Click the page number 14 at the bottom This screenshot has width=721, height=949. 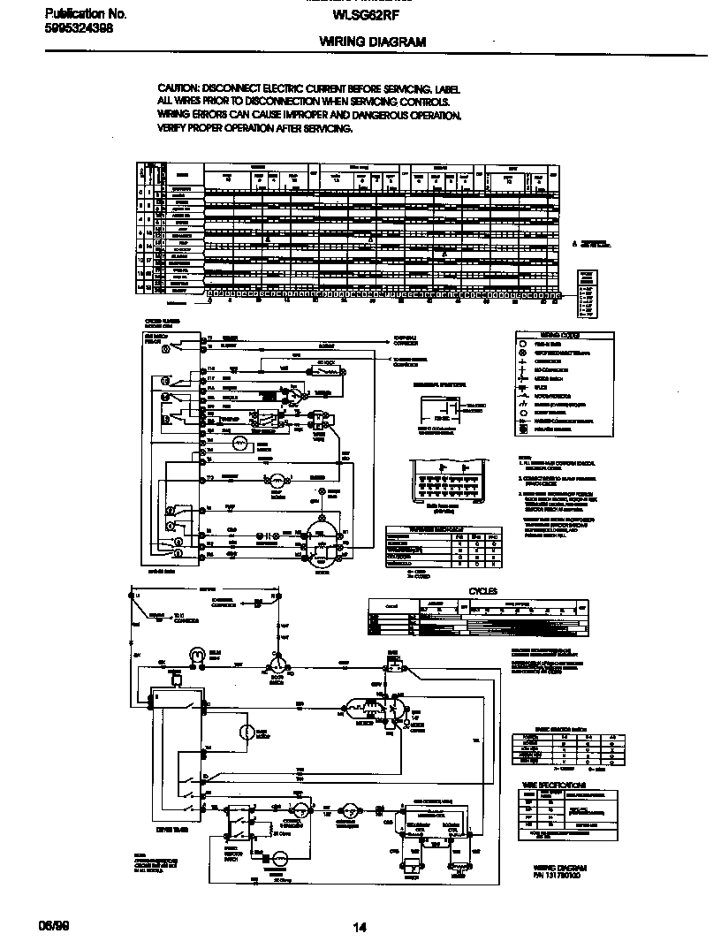tap(360, 927)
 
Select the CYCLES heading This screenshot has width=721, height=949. tap(482, 591)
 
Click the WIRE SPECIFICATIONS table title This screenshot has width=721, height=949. tap(553, 785)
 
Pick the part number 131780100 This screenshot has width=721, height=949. tap(561, 877)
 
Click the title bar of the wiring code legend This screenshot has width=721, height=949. tap(553, 336)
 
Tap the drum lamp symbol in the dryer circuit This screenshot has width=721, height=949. tap(195, 655)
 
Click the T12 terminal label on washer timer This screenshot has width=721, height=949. tap(210, 478)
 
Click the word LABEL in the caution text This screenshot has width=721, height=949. tap(447, 90)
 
